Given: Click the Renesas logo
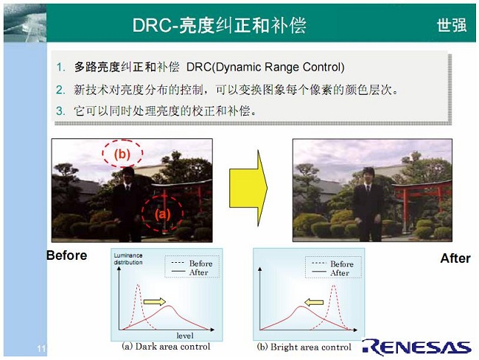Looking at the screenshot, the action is point(417,347).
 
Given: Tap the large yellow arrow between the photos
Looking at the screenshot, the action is point(248,188).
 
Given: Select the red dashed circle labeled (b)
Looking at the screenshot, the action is point(122,153).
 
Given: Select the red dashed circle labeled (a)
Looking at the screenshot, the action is point(162,213).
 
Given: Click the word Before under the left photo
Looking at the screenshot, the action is point(67,255).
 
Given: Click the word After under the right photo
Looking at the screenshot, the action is point(455,258).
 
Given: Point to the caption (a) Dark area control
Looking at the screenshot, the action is point(166,347).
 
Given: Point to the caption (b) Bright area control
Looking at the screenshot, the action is point(304,347).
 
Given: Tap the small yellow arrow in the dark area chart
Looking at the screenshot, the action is point(155,302).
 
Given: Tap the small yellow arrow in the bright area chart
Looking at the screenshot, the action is point(314,302).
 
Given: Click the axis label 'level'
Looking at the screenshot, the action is point(185,336).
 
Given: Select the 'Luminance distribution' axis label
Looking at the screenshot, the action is point(128,258).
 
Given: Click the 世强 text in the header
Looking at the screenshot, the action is point(452,25).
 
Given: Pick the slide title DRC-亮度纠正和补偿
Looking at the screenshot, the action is point(220,25).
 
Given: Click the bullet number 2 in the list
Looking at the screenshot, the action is point(60,90).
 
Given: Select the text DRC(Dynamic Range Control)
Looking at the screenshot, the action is point(265,67).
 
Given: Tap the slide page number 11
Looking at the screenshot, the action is point(41,348).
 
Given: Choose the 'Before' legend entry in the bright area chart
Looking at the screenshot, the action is point(332,264).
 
